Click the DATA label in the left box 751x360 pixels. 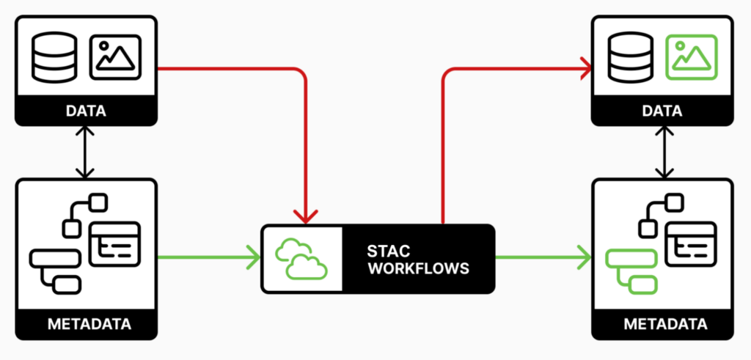point(86,111)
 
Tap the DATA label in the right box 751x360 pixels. point(662,111)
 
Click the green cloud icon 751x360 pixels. point(301,259)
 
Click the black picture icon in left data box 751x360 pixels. point(115,57)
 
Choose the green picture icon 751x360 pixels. point(689,57)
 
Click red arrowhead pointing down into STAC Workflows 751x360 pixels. point(306,215)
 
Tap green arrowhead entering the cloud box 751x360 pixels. point(254,257)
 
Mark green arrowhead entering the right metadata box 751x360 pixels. point(585,257)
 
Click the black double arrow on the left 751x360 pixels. point(86,152)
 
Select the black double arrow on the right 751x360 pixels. point(664,152)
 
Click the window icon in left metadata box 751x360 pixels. point(114,243)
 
